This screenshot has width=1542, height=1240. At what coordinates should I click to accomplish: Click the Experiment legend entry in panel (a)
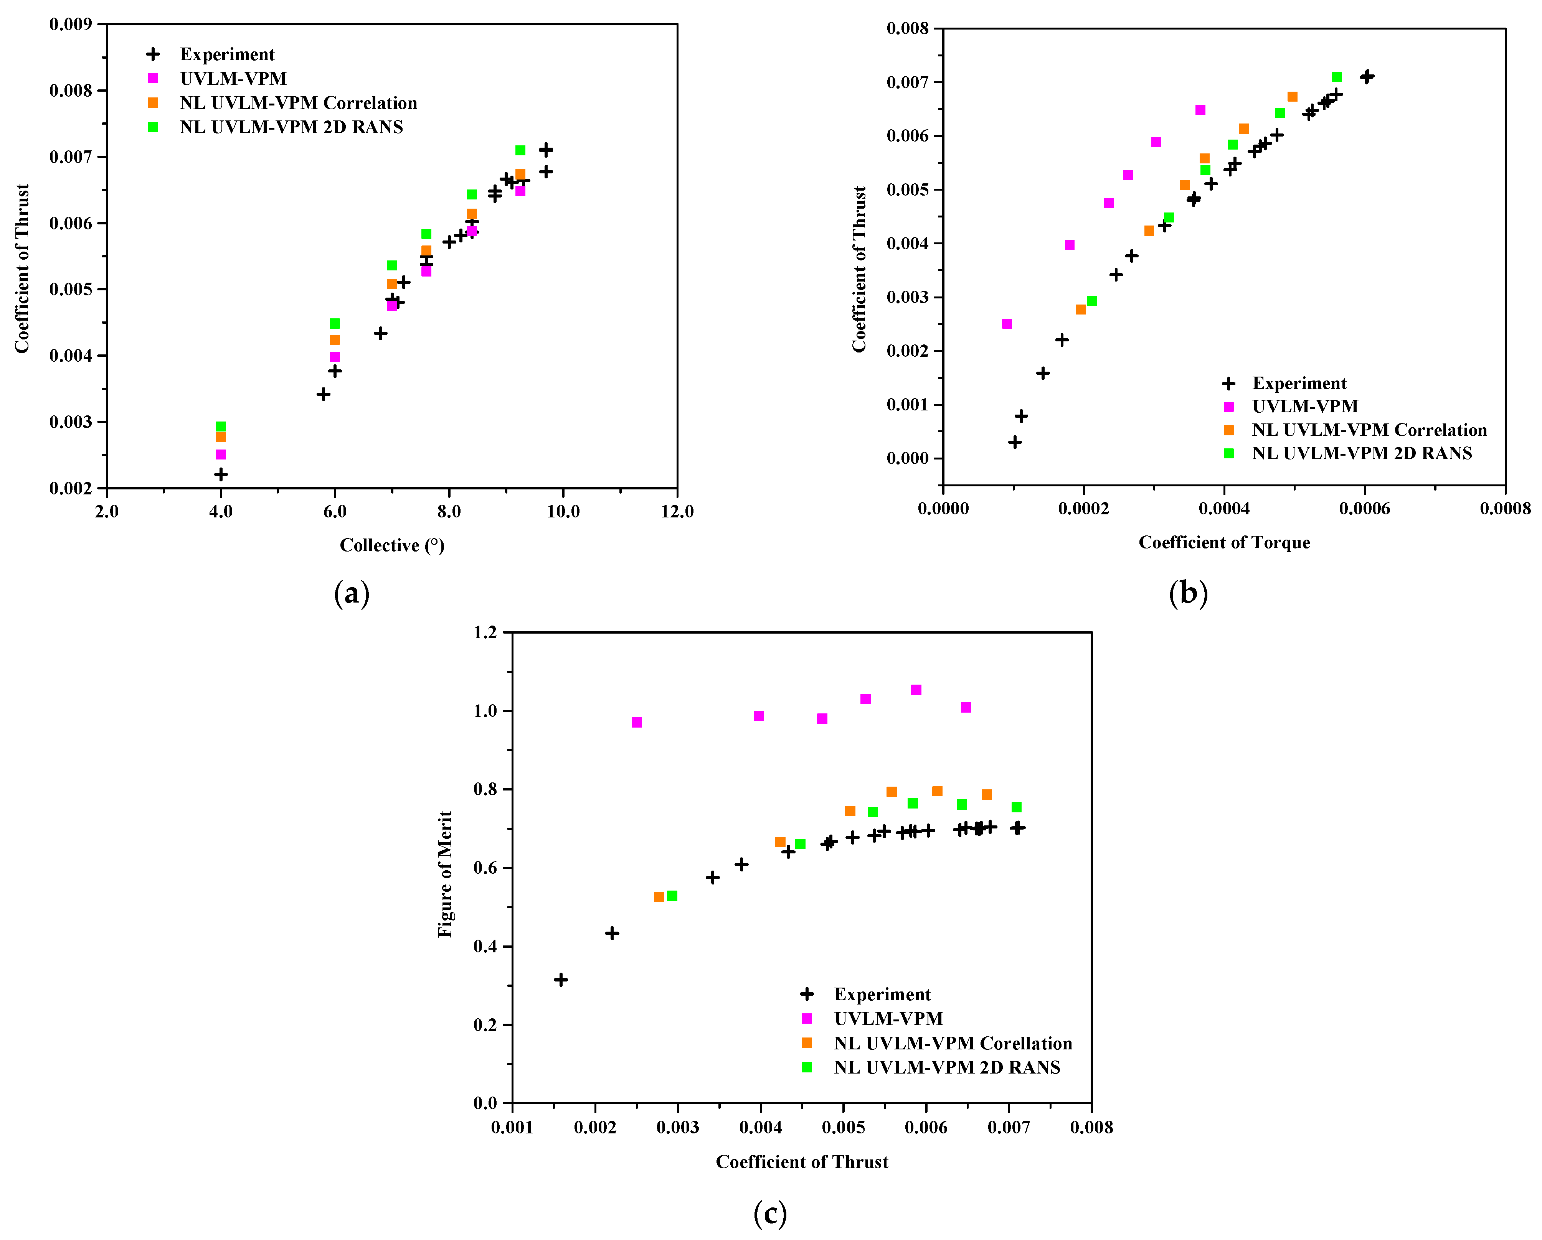[x=227, y=54]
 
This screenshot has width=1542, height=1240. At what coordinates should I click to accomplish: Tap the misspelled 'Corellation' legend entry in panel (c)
[x=953, y=1044]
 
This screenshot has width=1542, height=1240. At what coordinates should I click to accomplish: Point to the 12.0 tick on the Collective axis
[x=677, y=511]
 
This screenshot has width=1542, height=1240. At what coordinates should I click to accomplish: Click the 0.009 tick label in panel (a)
[x=70, y=24]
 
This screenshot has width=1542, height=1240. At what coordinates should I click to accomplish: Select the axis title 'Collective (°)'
[x=392, y=545]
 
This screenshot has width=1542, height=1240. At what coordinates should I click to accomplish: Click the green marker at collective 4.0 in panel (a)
[x=221, y=427]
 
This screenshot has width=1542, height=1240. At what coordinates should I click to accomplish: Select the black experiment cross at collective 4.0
[x=221, y=474]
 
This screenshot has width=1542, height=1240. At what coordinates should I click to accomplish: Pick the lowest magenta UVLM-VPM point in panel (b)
[x=1007, y=324]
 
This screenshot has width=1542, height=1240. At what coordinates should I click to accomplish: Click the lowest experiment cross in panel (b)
[x=1015, y=442]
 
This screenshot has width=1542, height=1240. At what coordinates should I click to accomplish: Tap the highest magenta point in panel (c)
[x=916, y=690]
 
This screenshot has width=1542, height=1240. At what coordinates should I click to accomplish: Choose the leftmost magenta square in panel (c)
[x=637, y=723]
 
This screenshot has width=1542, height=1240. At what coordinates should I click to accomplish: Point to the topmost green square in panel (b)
[x=1337, y=77]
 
